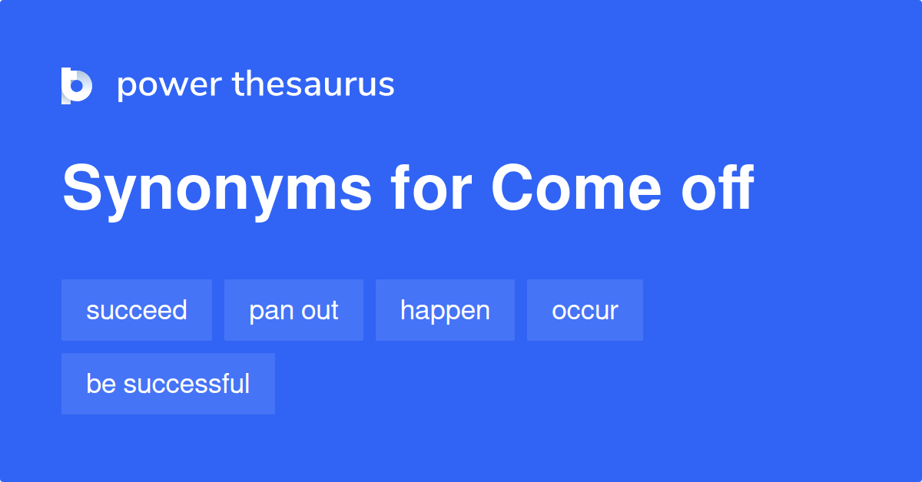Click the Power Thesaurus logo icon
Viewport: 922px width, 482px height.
coord(77,85)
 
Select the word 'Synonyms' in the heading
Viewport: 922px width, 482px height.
coord(217,189)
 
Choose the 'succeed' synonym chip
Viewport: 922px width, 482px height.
coord(137,310)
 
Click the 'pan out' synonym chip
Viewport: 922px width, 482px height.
coord(294,310)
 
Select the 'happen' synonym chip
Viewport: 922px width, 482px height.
coord(445,310)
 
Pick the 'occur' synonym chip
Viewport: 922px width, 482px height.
coord(585,310)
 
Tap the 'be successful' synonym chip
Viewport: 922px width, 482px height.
coord(168,384)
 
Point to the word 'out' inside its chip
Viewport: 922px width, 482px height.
coord(319,310)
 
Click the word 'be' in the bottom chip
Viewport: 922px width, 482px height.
coord(98,384)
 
